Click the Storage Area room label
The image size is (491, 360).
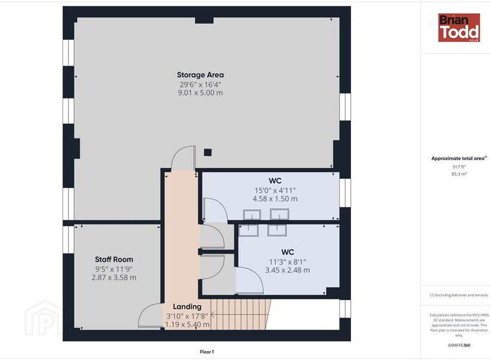[x=200, y=75]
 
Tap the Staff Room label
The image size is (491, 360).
[x=114, y=260]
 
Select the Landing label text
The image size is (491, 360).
[x=187, y=306]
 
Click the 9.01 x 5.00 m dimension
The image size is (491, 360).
[x=200, y=93]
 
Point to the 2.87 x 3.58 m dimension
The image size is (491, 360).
[x=114, y=277]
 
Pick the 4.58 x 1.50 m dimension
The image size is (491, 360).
[x=275, y=199]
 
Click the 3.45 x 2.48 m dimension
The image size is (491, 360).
[x=287, y=270]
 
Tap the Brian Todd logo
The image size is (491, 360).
[x=459, y=27]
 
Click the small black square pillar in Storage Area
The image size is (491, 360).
[x=208, y=152]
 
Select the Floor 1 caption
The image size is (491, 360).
[x=206, y=352]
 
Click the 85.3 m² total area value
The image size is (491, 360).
[x=459, y=174]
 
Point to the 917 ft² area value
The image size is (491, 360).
[x=459, y=167]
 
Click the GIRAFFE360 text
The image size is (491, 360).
[x=459, y=345]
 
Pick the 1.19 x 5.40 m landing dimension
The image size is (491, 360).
[x=187, y=325]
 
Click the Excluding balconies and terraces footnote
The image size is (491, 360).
[x=459, y=295]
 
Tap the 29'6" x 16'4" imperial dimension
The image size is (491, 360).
[x=200, y=84]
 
